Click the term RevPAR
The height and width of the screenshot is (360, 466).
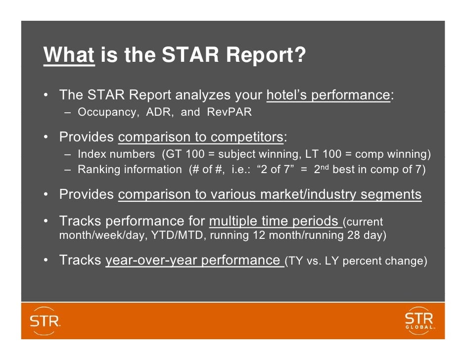click(x=229, y=112)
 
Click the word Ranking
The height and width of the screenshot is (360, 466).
click(x=99, y=170)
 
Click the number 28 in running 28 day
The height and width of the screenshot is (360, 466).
click(x=354, y=235)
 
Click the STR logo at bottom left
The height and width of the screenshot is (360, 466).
click(x=46, y=321)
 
